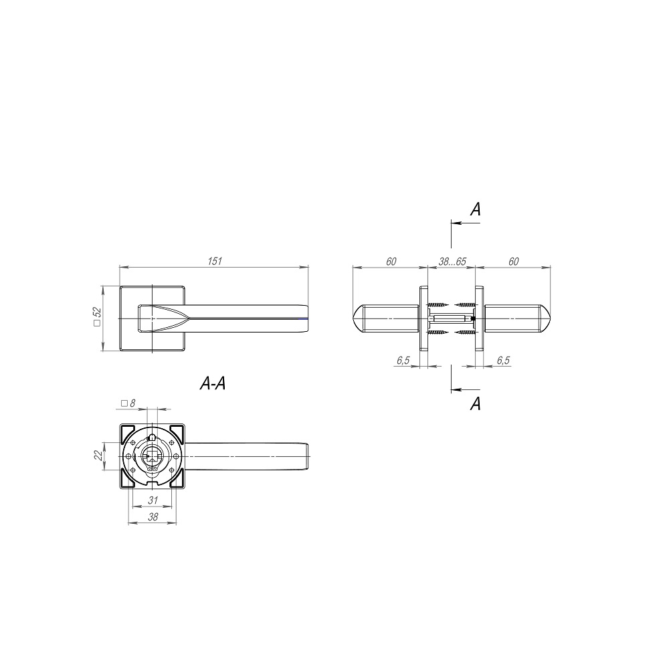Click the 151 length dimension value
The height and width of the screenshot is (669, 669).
pyautogui.click(x=215, y=261)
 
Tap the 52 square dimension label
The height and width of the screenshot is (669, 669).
pyautogui.click(x=98, y=317)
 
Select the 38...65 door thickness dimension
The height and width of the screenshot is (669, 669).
pyautogui.click(x=452, y=261)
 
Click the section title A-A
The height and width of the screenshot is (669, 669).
pyautogui.click(x=213, y=383)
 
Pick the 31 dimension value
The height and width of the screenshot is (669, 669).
pyautogui.click(x=153, y=500)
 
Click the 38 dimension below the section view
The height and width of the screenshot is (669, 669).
pyautogui.click(x=153, y=516)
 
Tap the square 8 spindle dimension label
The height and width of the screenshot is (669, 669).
pyautogui.click(x=128, y=403)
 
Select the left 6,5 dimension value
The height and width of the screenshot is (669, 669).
pyautogui.click(x=403, y=360)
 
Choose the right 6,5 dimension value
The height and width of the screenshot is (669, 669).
pyautogui.click(x=503, y=360)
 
